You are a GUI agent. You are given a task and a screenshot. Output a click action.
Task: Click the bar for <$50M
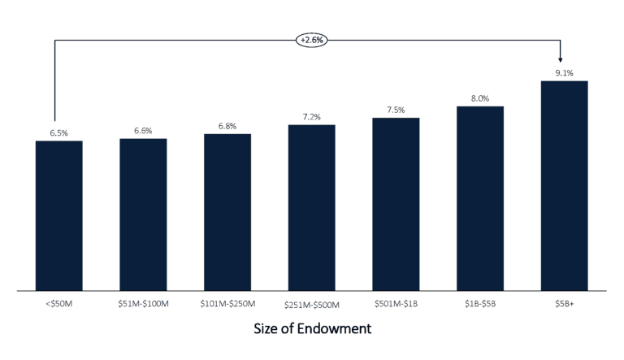point(58,215)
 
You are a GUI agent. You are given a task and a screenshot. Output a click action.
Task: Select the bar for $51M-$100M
point(143,214)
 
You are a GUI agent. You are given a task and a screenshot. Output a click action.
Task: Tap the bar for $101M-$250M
point(227,211)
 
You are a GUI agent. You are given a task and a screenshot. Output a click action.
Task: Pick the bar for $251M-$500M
point(311,207)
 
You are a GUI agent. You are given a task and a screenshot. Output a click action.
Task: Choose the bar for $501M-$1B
point(396,204)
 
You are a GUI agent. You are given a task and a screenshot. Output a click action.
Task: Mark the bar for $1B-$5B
point(479,198)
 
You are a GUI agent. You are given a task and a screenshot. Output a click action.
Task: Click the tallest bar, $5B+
point(564,185)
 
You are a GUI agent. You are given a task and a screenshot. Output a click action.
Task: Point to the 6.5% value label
point(58,132)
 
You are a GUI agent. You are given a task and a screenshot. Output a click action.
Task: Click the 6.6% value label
point(143,130)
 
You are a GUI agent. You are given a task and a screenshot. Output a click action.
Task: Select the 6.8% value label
point(227,126)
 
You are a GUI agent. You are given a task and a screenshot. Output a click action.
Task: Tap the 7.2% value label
point(311,117)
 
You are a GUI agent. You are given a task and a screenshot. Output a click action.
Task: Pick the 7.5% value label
point(396,110)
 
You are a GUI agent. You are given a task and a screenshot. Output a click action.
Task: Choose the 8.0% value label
point(479,98)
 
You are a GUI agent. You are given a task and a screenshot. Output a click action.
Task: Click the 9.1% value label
point(564,73)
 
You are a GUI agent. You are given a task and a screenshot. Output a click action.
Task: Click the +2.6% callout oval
point(312,39)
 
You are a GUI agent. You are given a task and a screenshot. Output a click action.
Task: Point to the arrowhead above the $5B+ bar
point(561,59)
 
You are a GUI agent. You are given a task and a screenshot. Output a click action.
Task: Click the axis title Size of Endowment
point(312,330)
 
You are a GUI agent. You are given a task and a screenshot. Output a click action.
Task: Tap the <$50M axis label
point(58,303)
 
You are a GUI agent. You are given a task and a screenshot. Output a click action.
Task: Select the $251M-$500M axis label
point(313,304)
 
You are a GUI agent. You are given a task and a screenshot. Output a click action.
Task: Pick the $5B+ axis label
point(564,303)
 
